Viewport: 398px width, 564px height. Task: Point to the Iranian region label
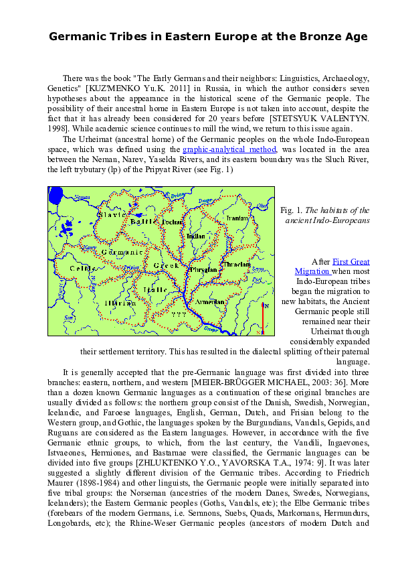pos(236,219)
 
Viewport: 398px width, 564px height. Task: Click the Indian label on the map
pos(196,236)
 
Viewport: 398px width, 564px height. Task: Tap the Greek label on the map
pos(163,267)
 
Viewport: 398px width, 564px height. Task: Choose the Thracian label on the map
pos(235,264)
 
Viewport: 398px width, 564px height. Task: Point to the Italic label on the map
pos(155,290)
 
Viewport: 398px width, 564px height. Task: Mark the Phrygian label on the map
pos(200,270)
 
